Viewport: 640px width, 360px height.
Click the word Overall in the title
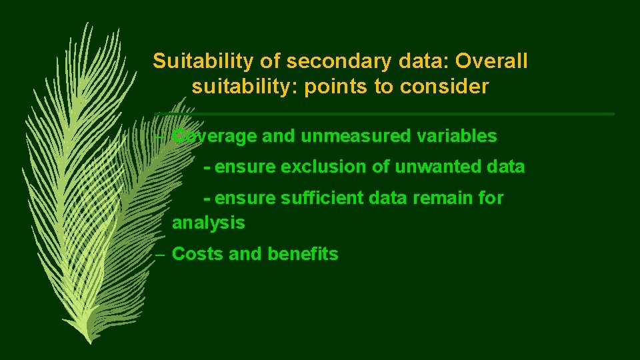[x=491, y=61]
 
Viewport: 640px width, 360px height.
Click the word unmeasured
[x=337, y=137]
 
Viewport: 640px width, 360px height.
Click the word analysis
[x=208, y=223]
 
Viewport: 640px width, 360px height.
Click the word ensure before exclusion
[x=245, y=167]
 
